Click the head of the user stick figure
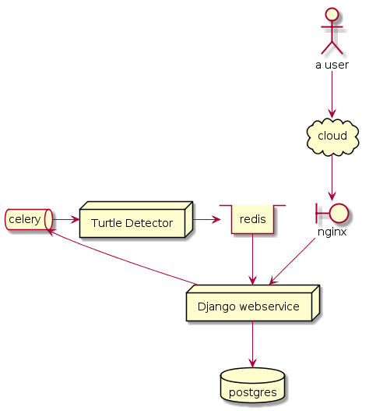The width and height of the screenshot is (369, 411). pyautogui.click(x=332, y=14)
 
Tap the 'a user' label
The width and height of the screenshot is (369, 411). pyautogui.click(x=332, y=65)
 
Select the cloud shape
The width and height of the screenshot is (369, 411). pyautogui.click(x=332, y=136)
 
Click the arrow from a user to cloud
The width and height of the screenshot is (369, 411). pyautogui.click(x=332, y=94)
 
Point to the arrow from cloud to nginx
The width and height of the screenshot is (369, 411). pyautogui.click(x=332, y=178)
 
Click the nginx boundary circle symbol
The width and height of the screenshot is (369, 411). pyautogui.click(x=332, y=213)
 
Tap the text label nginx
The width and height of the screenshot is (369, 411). pyautogui.click(x=332, y=232)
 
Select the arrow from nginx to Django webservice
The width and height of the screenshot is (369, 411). pyautogui.click(x=293, y=261)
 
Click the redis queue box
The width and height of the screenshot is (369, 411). pyautogui.click(x=252, y=219)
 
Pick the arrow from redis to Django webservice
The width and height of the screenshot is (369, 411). pyautogui.click(x=252, y=259)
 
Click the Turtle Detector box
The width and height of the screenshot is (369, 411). pyautogui.click(x=136, y=219)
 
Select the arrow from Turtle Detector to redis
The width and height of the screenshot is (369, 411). pyautogui.click(x=207, y=219)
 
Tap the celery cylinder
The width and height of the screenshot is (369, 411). pyautogui.click(x=29, y=219)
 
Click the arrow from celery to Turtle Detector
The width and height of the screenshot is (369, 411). pyautogui.click(x=66, y=219)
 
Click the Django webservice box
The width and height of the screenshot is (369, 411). pyautogui.click(x=253, y=303)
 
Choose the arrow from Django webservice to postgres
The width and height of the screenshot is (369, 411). pyautogui.click(x=252, y=345)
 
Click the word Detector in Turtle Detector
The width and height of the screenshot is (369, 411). pyautogui.click(x=149, y=223)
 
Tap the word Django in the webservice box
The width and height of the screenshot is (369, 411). pyautogui.click(x=216, y=307)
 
